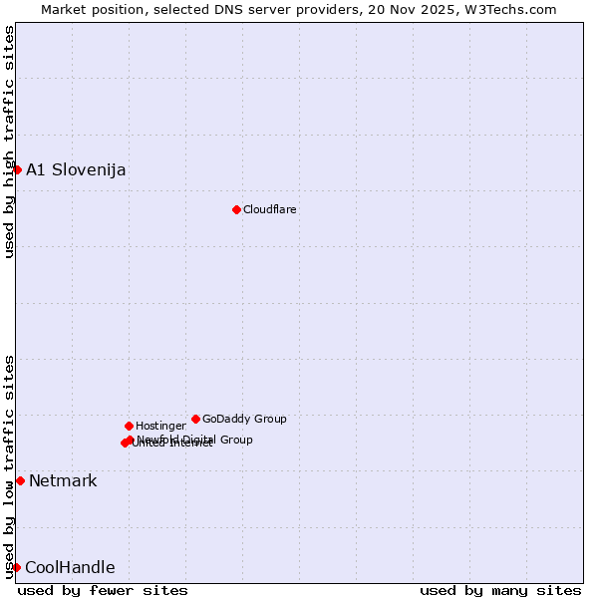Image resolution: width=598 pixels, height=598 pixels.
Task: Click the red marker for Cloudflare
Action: click(236, 209)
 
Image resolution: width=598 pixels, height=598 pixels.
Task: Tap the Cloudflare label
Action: click(270, 209)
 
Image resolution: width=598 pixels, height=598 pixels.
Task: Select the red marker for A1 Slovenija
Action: click(17, 169)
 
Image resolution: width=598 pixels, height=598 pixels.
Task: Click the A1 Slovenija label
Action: click(76, 169)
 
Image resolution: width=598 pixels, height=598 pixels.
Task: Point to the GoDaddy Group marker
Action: click(195, 419)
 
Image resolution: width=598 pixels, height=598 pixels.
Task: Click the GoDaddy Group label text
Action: click(244, 419)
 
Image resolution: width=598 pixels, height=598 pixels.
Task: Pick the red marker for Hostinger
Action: click(129, 426)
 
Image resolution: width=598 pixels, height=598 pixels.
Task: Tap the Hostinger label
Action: click(160, 426)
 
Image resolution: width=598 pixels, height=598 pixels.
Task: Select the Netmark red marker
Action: click(20, 480)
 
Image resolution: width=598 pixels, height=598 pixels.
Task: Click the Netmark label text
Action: click(63, 481)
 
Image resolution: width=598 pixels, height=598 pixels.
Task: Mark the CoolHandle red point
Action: click(17, 567)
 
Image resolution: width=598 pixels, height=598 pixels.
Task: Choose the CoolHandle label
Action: click(70, 568)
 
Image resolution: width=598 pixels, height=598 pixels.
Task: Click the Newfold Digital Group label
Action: click(195, 440)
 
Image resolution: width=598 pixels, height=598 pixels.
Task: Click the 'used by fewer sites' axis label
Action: click(103, 590)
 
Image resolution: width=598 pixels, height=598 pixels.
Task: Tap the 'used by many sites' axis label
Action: click(500, 590)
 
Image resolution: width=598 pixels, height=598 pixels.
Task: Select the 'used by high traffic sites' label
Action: click(9, 142)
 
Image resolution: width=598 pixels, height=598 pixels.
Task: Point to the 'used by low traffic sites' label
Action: click(9, 466)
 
